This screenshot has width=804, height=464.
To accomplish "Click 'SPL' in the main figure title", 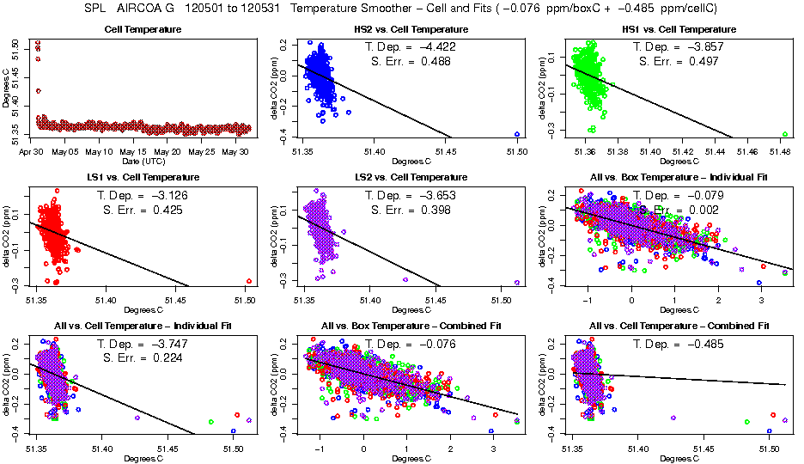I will pos(96,9).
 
